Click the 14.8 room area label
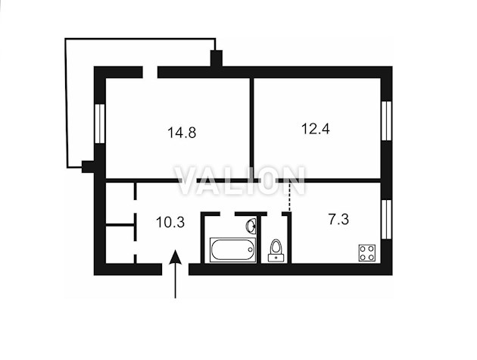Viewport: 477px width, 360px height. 182,133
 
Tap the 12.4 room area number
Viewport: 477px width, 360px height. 316,129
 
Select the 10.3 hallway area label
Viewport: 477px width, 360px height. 170,222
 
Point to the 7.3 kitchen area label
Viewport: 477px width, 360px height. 338,219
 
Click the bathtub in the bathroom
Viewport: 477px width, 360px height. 233,250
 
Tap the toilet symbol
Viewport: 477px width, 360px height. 276,250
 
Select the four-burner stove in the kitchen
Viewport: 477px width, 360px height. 367,253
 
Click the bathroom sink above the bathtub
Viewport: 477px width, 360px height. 251,226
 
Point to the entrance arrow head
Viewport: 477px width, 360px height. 175,257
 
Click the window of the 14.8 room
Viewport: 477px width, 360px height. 100,124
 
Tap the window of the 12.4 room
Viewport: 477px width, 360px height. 386,121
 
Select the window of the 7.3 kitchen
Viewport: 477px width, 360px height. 386,219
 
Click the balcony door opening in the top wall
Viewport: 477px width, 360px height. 150,72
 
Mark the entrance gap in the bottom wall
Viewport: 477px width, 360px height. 175,269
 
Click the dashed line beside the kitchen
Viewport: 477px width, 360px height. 289,197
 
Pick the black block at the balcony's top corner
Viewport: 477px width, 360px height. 217,58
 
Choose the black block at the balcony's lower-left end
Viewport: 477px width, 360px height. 88,167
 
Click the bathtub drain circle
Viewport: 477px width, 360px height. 250,250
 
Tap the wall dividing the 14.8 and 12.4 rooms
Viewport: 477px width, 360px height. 252,128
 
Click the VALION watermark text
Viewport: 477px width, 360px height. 239,180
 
